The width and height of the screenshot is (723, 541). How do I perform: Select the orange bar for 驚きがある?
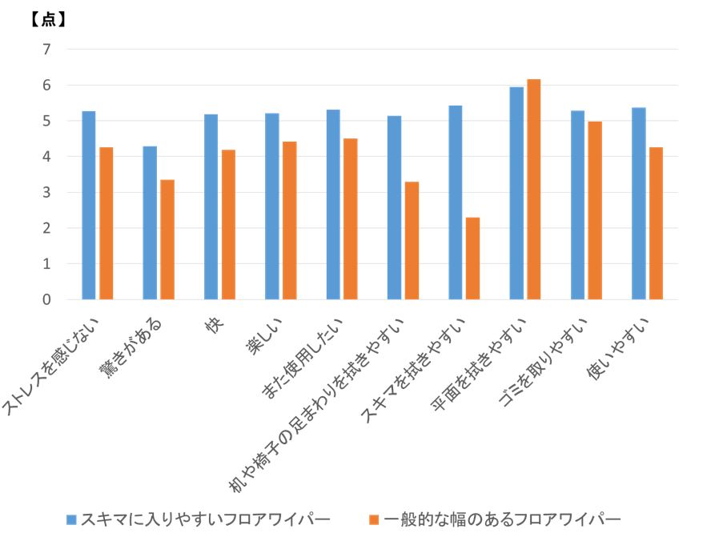pyautogui.click(x=167, y=239)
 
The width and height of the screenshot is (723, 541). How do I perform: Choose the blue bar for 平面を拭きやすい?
pyautogui.click(x=516, y=193)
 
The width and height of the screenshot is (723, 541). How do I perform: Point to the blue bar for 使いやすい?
pyautogui.click(x=639, y=203)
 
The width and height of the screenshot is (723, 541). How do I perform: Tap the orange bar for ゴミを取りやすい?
pyautogui.click(x=595, y=210)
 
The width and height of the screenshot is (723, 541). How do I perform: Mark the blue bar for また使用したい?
pyautogui.click(x=333, y=204)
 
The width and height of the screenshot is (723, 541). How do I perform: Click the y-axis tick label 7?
pyautogui.click(x=46, y=50)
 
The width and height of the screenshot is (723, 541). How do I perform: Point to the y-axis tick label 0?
pyautogui.click(x=46, y=299)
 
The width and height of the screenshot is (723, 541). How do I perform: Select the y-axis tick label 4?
pyautogui.click(x=46, y=157)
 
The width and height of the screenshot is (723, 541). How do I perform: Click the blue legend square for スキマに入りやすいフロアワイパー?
pyautogui.click(x=70, y=519)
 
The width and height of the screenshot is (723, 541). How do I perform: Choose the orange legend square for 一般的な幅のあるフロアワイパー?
pyautogui.click(x=373, y=519)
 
